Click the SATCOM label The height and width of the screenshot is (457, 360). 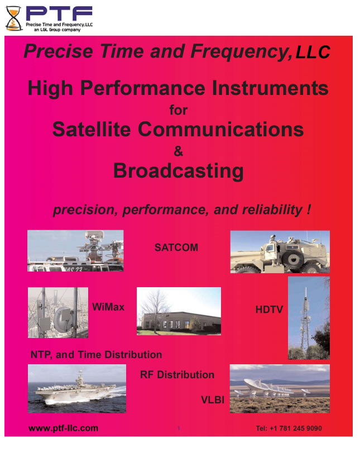(x=176, y=247)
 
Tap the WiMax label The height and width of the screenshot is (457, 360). (x=108, y=307)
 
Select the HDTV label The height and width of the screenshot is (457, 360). (x=270, y=309)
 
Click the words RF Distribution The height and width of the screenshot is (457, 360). (x=177, y=375)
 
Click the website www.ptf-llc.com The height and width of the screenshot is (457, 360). (x=63, y=429)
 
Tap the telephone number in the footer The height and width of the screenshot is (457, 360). (x=289, y=429)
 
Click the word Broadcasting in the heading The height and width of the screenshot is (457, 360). (x=178, y=170)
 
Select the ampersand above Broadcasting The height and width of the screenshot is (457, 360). (x=179, y=150)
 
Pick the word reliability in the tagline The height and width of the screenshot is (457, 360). (x=272, y=210)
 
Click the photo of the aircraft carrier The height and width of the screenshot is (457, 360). (x=76, y=388)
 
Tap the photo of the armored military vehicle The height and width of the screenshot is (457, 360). (x=280, y=252)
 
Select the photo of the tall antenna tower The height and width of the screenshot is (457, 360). (x=309, y=318)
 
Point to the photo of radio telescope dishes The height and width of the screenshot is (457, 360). (x=279, y=388)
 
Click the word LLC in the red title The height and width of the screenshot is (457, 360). (x=313, y=53)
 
